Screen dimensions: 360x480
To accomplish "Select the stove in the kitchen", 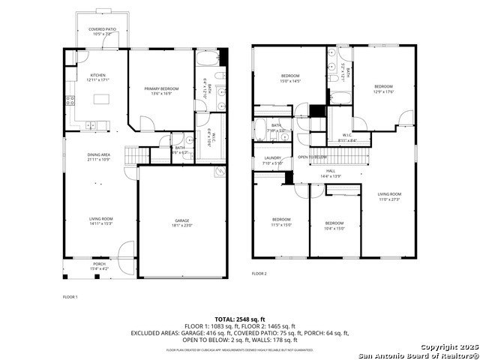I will tap(68, 101).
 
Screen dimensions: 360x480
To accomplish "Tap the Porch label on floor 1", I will tap(99, 265).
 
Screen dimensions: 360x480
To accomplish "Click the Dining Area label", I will tap(99, 157).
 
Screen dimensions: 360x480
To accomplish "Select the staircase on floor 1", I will tap(132, 155).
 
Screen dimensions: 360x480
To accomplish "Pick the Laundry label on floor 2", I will tap(273, 160).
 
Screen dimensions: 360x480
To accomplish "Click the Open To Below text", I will tap(312, 157).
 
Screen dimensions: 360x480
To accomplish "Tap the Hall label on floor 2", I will tap(331, 172).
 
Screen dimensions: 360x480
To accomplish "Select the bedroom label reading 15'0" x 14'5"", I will tap(290, 78).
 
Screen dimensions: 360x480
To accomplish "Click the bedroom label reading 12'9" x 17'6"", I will tap(384, 89).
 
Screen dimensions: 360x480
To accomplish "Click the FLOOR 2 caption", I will tap(259, 274).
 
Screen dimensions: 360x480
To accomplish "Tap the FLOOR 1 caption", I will tap(70, 297).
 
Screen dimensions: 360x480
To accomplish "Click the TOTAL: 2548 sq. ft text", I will tap(240, 319).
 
